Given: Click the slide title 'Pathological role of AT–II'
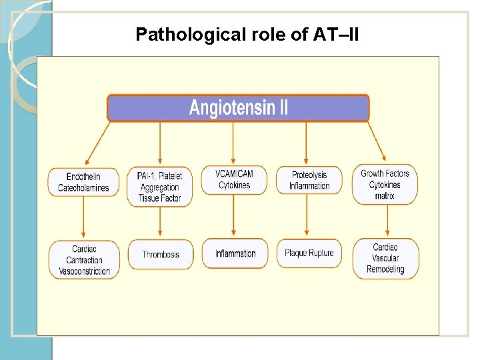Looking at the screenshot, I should coord(247,34).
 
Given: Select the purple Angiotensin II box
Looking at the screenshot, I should coord(238,108).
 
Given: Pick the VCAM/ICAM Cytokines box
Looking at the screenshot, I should coord(234,180).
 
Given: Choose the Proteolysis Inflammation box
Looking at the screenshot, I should coord(309,181).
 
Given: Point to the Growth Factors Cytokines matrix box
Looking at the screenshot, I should coord(385,184).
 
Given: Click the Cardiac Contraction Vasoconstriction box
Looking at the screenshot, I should coord(84,260).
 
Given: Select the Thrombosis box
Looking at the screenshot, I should coord(161,254).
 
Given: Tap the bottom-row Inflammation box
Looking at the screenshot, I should coord(235,253).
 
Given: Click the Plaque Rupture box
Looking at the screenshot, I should coord(309,253).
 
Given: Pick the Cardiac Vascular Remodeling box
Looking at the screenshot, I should coord(385,259).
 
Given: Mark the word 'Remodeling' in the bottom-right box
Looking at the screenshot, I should coord(385,269).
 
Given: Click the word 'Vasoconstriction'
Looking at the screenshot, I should coord(85,271).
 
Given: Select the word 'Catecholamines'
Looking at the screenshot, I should coord(83,188).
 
